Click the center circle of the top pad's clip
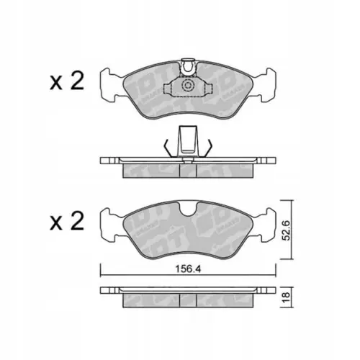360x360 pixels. pos(188,86)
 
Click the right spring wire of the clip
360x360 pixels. pos(207,146)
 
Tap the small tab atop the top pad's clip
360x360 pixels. pos(188,63)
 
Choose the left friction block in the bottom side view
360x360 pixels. pos(152,299)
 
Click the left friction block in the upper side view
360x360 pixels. pos(152,168)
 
